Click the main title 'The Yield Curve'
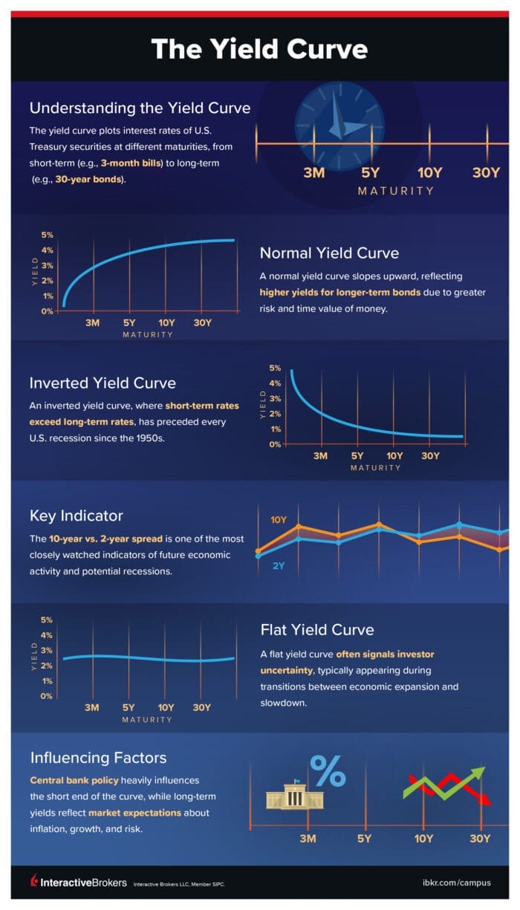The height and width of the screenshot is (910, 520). pos(259,49)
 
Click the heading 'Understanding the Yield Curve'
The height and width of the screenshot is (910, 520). pos(140,108)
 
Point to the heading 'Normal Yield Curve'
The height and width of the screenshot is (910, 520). pos(329,253)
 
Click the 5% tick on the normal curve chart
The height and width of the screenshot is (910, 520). pos(47,235)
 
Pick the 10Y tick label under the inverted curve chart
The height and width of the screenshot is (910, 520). pos(394,455)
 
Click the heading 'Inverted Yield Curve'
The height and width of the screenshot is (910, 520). pos(103,383)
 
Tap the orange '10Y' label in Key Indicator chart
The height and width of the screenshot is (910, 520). pos(279,520)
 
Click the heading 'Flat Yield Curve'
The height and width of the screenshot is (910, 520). pos(317,630)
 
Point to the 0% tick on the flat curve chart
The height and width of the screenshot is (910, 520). pos(47,696)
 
